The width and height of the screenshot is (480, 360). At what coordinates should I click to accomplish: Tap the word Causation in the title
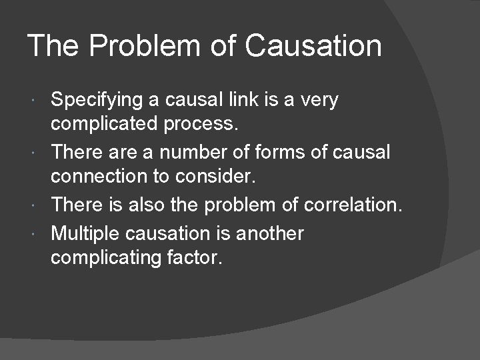[x=313, y=47]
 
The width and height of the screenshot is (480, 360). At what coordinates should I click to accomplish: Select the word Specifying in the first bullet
[x=97, y=101]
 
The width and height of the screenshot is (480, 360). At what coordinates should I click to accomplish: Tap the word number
[x=184, y=152]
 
